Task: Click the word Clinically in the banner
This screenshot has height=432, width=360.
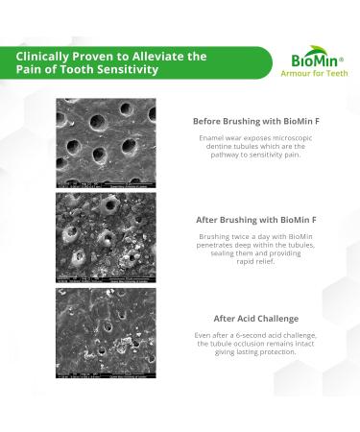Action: click(x=43, y=56)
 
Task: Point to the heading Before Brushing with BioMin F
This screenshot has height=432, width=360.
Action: click(x=254, y=122)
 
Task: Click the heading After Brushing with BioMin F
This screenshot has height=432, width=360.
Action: click(x=255, y=219)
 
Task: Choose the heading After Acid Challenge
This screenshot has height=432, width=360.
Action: click(x=255, y=318)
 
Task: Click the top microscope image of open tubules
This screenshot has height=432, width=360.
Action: click(x=106, y=142)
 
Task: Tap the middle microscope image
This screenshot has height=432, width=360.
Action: click(x=106, y=237)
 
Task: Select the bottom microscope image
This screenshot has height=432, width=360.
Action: click(x=106, y=333)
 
